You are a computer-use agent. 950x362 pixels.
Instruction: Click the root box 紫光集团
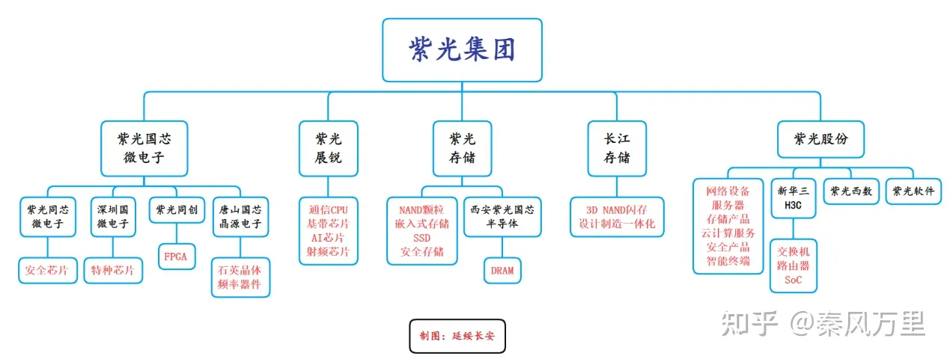461,50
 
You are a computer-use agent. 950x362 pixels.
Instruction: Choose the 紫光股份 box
820,139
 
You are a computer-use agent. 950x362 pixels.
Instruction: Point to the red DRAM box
502,270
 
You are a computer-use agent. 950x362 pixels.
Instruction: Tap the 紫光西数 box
851,191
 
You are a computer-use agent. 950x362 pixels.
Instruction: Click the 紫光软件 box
913,191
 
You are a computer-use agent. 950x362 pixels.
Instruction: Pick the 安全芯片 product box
46,270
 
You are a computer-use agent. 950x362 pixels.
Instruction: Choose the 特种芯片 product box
112,270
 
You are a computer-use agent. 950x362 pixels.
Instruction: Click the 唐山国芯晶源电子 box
240,216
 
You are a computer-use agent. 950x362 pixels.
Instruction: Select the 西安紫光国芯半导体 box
502,216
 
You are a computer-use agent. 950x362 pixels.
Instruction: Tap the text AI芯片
328,237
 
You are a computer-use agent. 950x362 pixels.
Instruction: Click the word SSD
422,237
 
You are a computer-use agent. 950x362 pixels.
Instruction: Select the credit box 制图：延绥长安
462,336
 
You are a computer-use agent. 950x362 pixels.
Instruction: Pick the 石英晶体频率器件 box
240,277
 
